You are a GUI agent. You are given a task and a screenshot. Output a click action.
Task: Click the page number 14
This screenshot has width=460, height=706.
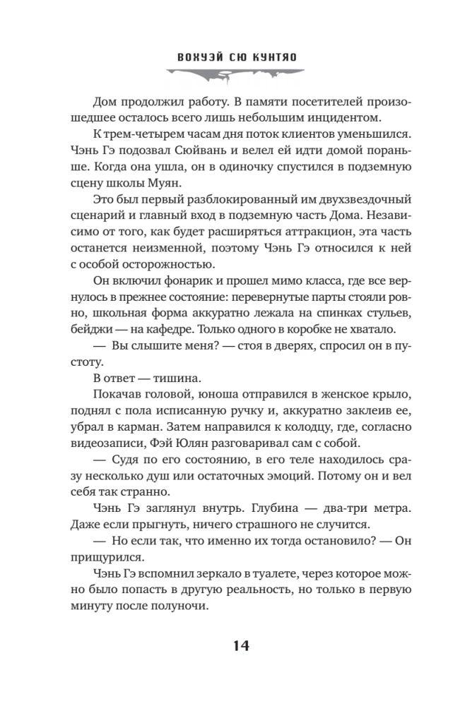coord(230,645)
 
